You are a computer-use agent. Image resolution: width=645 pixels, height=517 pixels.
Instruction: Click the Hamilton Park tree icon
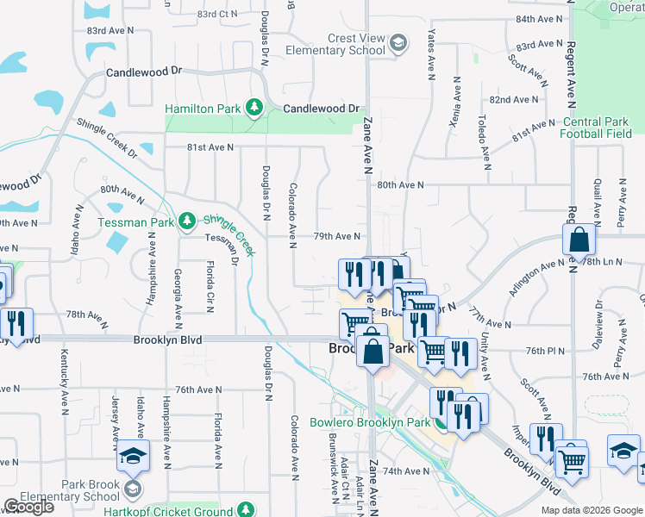click(254, 108)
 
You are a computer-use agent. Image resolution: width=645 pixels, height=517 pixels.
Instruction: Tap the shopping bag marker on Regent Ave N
click(580, 242)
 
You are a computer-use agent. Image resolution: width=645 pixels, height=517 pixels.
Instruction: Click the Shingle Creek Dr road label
click(107, 138)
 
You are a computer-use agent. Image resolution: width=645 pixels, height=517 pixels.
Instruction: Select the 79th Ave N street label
click(335, 236)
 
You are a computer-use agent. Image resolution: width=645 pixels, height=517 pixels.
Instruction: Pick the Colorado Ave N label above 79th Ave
click(293, 211)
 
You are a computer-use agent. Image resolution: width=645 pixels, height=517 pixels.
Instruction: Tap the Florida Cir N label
click(210, 289)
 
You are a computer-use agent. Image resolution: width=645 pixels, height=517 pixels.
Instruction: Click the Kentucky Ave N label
click(65, 380)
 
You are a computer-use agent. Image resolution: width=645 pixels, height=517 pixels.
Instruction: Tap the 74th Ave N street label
click(405, 471)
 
